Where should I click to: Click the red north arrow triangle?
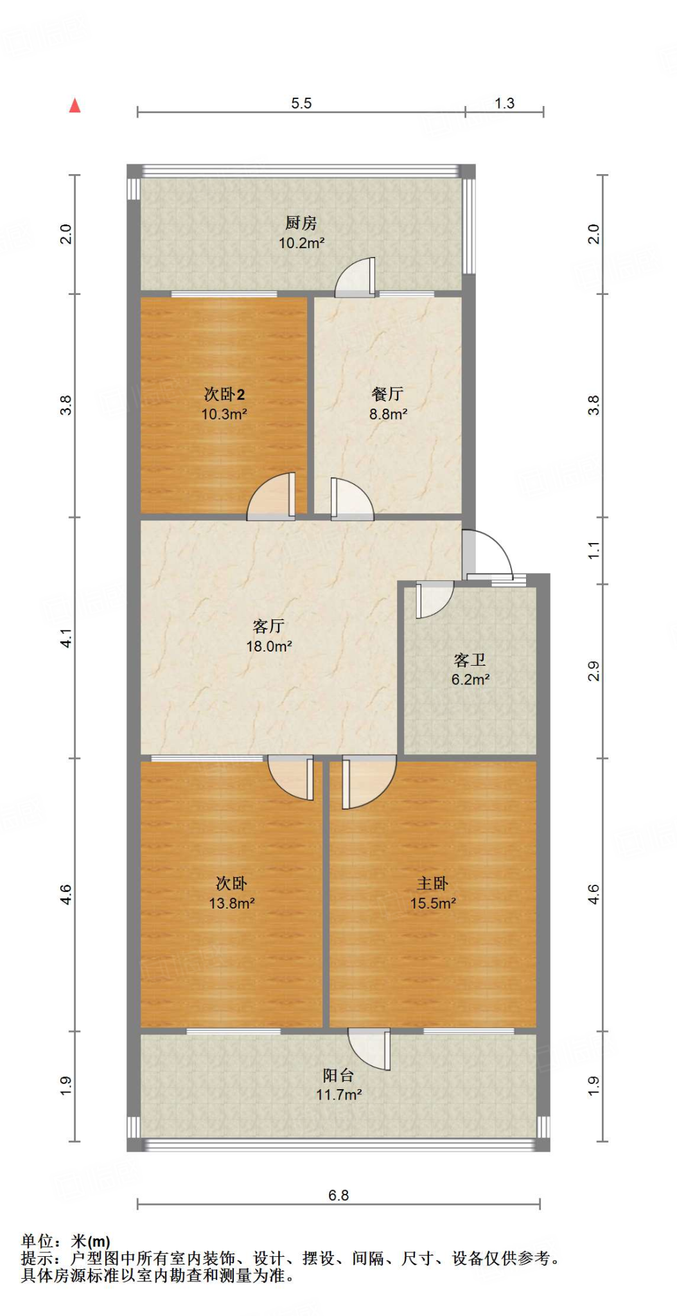(x=75, y=106)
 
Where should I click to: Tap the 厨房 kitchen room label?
(x=301, y=223)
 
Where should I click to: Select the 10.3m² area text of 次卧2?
(x=224, y=414)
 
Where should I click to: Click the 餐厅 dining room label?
(x=387, y=394)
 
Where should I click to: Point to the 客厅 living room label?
(x=268, y=626)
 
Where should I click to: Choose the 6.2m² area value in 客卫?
(x=470, y=680)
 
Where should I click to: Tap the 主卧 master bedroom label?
(x=432, y=884)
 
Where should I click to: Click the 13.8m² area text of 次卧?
(x=232, y=903)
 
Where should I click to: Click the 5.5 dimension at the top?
(x=301, y=103)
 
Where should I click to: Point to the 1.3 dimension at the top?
(x=504, y=103)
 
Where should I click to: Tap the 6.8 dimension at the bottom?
(x=338, y=1195)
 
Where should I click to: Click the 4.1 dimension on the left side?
(x=66, y=638)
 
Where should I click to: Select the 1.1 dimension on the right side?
(x=593, y=550)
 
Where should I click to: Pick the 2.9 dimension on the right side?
(x=593, y=671)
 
